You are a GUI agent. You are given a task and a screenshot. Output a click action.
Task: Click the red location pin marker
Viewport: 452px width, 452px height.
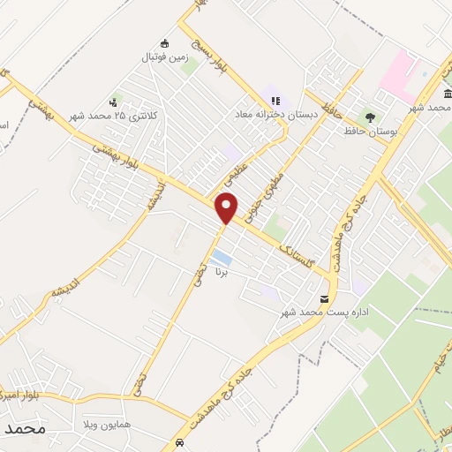(228, 207)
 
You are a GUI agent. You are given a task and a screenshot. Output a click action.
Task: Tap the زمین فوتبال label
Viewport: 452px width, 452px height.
(162, 57)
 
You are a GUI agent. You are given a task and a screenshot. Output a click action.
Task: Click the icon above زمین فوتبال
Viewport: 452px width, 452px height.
(163, 43)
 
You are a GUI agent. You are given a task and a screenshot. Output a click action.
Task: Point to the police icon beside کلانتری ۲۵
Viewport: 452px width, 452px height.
(114, 102)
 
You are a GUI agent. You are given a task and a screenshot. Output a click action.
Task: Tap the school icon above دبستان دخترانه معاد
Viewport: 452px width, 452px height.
(275, 102)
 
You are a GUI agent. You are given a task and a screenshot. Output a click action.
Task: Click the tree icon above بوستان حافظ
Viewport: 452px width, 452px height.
(370, 117)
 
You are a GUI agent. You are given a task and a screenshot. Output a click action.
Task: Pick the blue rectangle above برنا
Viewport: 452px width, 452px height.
(224, 260)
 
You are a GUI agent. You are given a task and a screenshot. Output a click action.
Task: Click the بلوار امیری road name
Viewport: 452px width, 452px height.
(23, 388)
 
